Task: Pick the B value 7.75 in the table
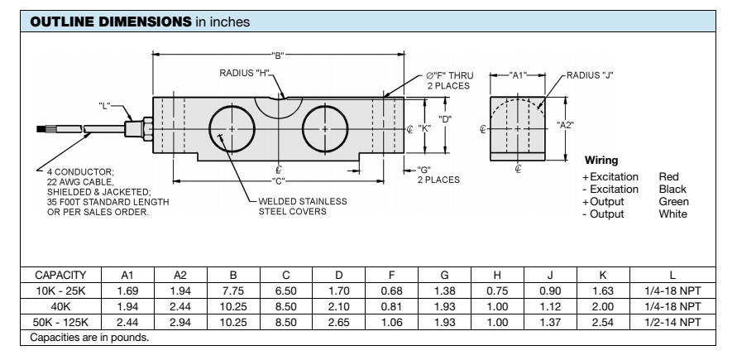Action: tap(232, 290)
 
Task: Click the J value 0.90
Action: tap(549, 290)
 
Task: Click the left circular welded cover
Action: tap(232, 130)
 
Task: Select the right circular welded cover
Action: tap(326, 130)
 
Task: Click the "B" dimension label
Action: tap(279, 55)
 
